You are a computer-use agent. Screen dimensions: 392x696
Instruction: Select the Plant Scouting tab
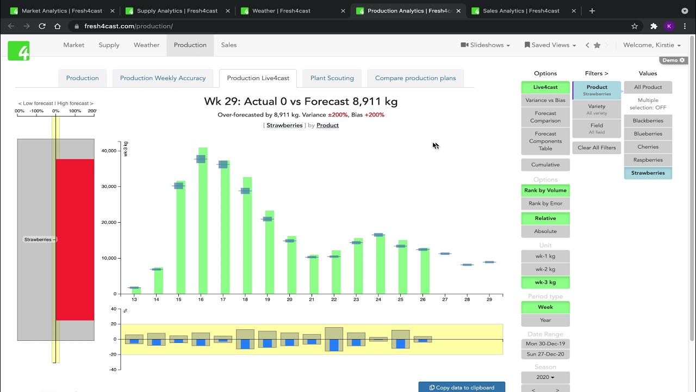coord(332,78)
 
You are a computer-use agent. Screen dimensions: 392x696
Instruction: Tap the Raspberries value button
coord(648,160)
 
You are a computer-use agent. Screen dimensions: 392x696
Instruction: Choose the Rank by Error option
coord(545,204)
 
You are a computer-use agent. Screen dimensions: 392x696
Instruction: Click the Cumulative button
coord(545,164)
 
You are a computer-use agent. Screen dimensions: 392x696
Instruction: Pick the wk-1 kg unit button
coord(545,256)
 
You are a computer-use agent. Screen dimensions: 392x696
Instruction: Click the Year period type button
coord(545,320)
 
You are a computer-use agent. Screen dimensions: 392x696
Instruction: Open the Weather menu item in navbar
coord(146,45)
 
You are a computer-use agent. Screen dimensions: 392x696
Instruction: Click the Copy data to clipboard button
coord(462,387)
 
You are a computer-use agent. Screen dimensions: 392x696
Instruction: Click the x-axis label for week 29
coord(489,299)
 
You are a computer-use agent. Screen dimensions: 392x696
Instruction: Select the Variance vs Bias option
coord(545,100)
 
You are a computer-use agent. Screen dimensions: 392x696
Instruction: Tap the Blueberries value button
coord(648,134)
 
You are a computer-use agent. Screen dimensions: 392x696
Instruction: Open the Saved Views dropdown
coord(550,45)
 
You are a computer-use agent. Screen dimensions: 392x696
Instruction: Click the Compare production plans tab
coord(415,78)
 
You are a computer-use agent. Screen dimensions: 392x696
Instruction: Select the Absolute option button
coord(545,231)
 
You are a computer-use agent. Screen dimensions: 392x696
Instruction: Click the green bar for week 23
coord(358,267)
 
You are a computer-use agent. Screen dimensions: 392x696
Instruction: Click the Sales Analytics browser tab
coord(520,11)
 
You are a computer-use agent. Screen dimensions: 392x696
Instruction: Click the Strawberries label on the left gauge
coord(38,240)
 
